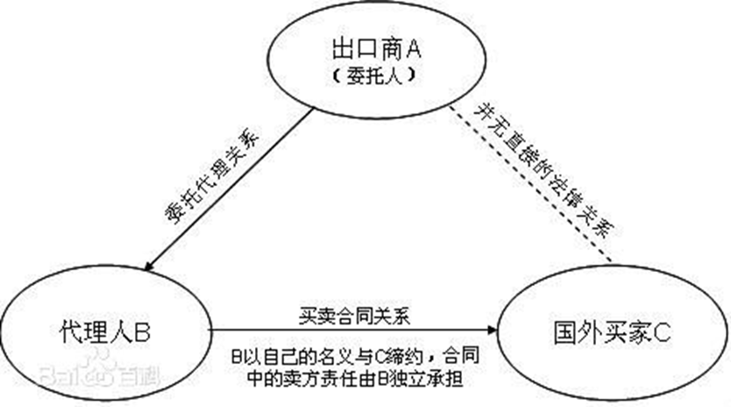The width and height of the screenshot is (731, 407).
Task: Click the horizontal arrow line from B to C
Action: (x=351, y=333)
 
